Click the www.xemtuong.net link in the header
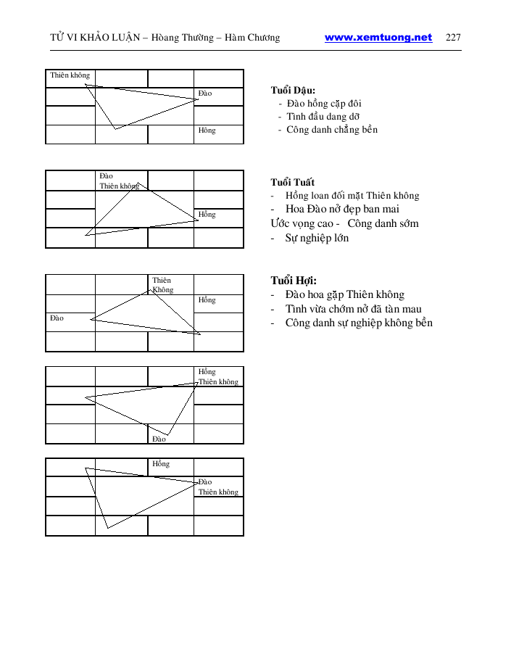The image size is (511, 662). [x=378, y=38]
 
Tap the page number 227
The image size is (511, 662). [x=454, y=38]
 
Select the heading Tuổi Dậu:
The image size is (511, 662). [x=293, y=91]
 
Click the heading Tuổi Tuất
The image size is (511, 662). [x=293, y=182]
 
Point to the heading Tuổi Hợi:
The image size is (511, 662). [x=294, y=281]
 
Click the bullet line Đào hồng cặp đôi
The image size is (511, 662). [x=324, y=104]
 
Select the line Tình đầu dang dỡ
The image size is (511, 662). [x=323, y=117]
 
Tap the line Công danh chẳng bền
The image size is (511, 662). [x=332, y=130]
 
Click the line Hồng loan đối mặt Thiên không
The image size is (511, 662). [x=352, y=196]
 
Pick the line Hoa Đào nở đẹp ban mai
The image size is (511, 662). [x=342, y=210]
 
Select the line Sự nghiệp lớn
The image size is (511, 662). [x=317, y=238]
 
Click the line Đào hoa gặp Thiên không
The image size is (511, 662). [x=344, y=294]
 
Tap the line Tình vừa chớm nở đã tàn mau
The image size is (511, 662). [x=353, y=309]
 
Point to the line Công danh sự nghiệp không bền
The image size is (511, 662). [x=359, y=323]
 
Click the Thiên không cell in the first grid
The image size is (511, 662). [x=70, y=75]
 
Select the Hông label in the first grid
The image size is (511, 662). [x=207, y=131]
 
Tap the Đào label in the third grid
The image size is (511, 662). [x=57, y=318]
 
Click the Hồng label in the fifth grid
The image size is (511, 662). [x=161, y=464]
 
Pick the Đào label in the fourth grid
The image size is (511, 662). [x=159, y=439]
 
